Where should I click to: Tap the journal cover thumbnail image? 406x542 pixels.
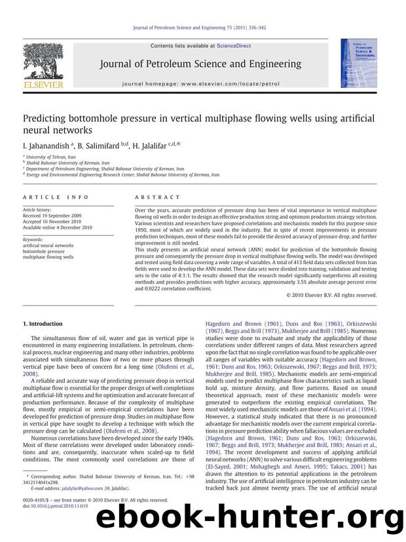pyautogui.click(x=354, y=63)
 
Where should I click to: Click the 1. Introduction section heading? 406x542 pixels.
pyautogui.click(x=43, y=324)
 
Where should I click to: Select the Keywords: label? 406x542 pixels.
pyautogui.click(x=36, y=241)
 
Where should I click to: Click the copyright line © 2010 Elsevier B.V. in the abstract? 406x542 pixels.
pyautogui.click(x=332, y=296)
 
